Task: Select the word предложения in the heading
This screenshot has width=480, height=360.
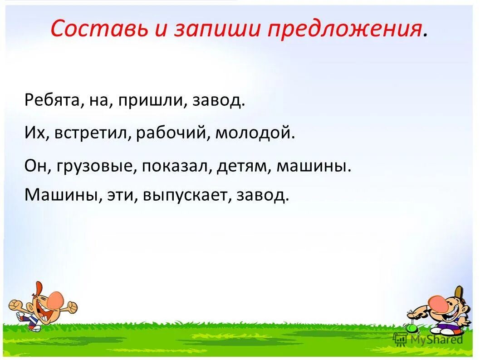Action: [x=343, y=30]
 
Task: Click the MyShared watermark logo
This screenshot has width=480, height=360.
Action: [x=429, y=339]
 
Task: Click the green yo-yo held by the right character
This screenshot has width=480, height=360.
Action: [x=412, y=327]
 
